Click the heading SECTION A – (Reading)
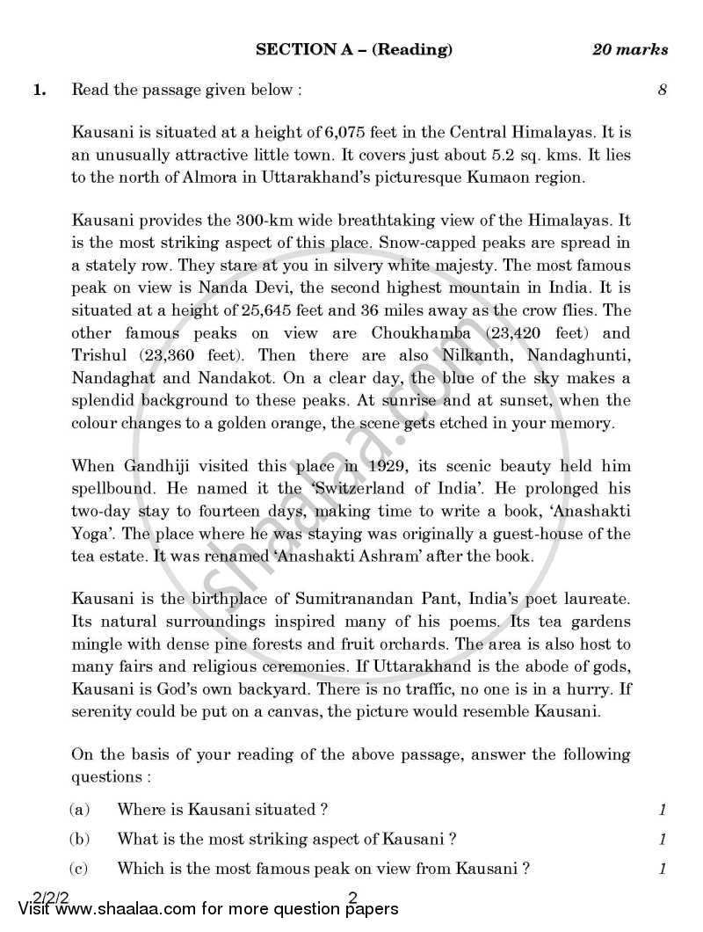354,50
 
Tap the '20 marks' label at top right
629,50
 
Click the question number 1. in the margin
40,89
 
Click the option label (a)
79,809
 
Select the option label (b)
79,839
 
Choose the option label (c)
79,869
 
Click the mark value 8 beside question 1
662,89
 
